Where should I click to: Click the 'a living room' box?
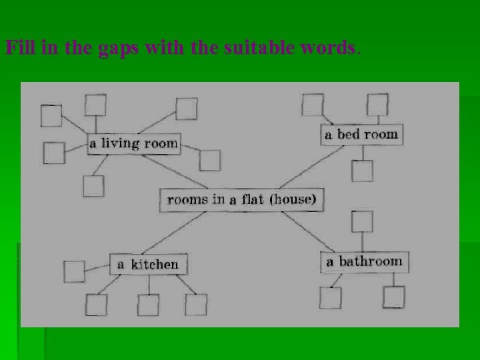click(x=134, y=143)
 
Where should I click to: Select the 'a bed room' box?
click(x=361, y=134)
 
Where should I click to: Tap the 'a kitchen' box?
click(x=148, y=264)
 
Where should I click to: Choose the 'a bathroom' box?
click(x=364, y=261)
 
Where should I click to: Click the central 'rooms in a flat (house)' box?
click(x=241, y=199)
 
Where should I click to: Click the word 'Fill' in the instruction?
click(x=17, y=49)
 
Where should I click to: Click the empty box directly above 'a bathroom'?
click(x=362, y=221)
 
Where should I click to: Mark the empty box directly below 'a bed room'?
click(x=363, y=171)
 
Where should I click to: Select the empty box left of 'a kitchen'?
click(x=74, y=271)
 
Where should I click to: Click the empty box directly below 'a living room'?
click(x=94, y=185)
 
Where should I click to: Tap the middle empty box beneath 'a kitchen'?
click(x=148, y=303)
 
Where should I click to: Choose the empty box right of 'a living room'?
click(x=209, y=160)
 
